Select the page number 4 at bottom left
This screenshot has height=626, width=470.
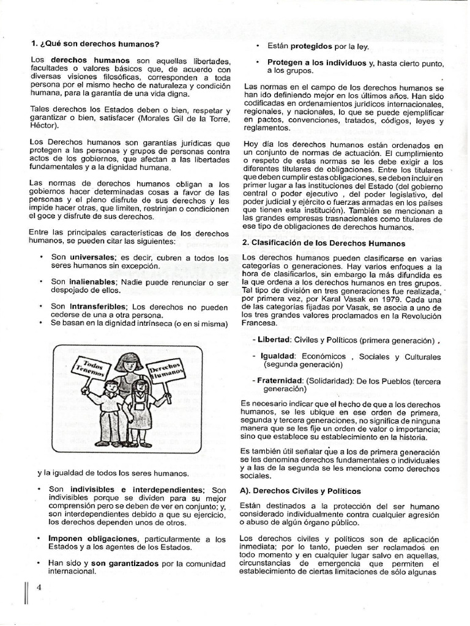(x=39, y=588)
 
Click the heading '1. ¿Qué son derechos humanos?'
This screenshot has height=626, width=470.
(x=95, y=44)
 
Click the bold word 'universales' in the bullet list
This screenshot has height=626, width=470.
(x=91, y=257)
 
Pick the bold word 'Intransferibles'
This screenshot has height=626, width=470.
(x=97, y=306)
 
